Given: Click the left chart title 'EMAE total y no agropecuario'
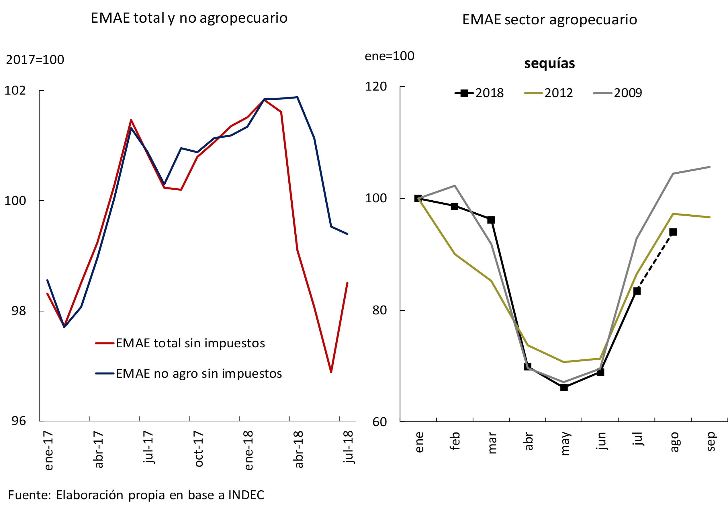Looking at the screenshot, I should pos(189,18).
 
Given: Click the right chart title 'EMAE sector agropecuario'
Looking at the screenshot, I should pos(549,20).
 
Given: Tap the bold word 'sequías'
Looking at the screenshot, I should pos(549,63).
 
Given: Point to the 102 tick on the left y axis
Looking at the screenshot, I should pos(15,91).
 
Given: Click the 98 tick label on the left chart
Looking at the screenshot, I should pos(19,311).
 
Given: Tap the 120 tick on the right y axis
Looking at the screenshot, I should pos(376,87).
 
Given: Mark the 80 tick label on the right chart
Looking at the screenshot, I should pos(379,310).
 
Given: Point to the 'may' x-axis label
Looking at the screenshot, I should pos(565,444).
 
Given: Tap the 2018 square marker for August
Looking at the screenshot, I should pos(673,232).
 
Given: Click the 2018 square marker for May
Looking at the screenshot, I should pos(564,387).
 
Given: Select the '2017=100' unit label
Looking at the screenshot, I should pos(35,60).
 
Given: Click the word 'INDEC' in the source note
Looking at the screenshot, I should pos(246,495).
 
